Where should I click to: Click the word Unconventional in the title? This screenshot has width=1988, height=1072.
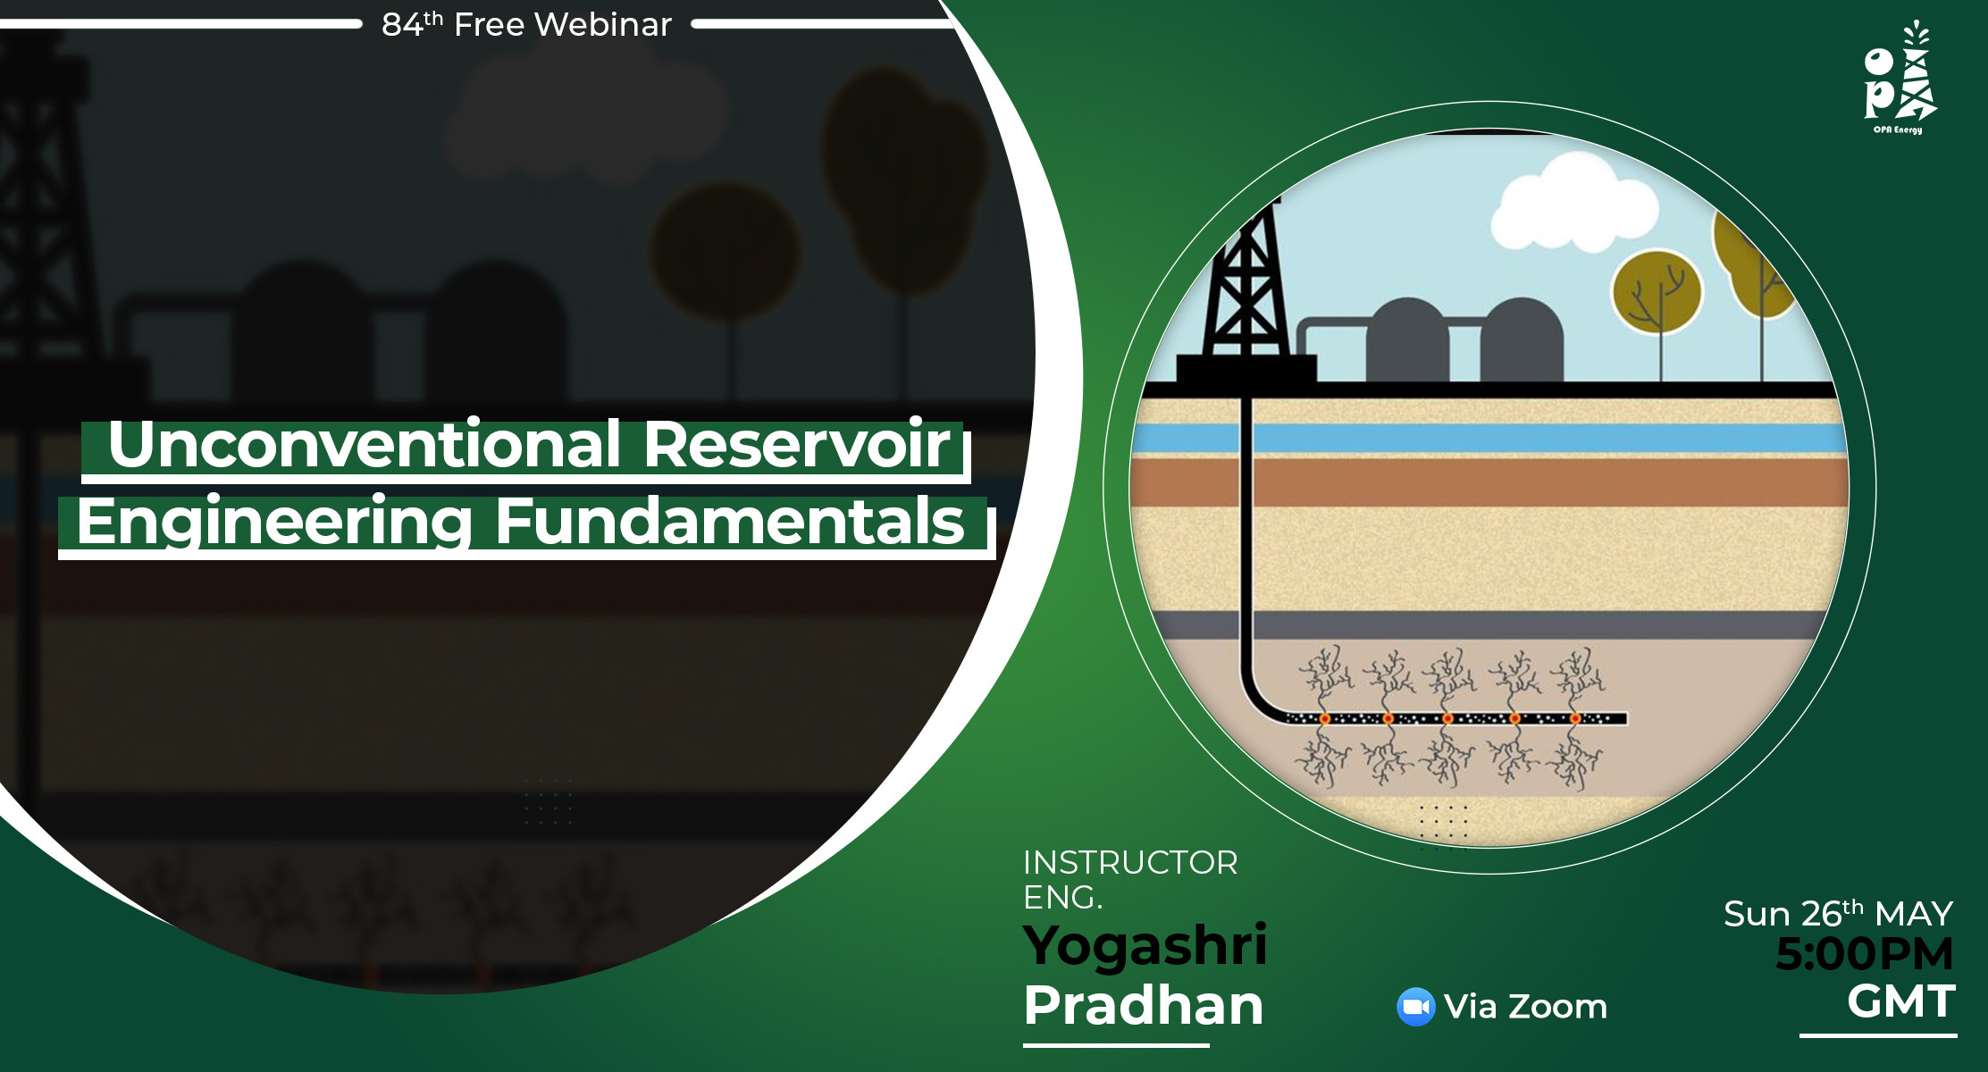click(364, 444)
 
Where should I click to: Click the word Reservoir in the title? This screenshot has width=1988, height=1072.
click(797, 444)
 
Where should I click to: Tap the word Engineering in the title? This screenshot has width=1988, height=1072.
click(273, 522)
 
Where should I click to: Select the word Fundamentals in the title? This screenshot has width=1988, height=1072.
click(729, 522)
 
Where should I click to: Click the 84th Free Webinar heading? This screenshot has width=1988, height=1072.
click(526, 24)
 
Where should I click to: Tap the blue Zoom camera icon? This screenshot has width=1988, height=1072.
click(1415, 1007)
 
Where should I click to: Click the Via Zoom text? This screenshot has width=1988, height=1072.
click(1525, 1007)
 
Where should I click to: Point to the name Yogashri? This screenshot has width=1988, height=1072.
click(1145, 945)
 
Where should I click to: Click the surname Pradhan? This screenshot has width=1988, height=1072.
click(1143, 1005)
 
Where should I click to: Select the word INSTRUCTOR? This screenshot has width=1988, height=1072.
click(1130, 862)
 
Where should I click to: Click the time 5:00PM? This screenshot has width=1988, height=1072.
click(1864, 953)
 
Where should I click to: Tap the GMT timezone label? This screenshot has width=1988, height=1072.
click(1900, 1001)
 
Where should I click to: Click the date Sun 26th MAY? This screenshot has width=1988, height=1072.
click(1838, 914)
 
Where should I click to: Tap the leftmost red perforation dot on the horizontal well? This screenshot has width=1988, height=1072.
click(1325, 718)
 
